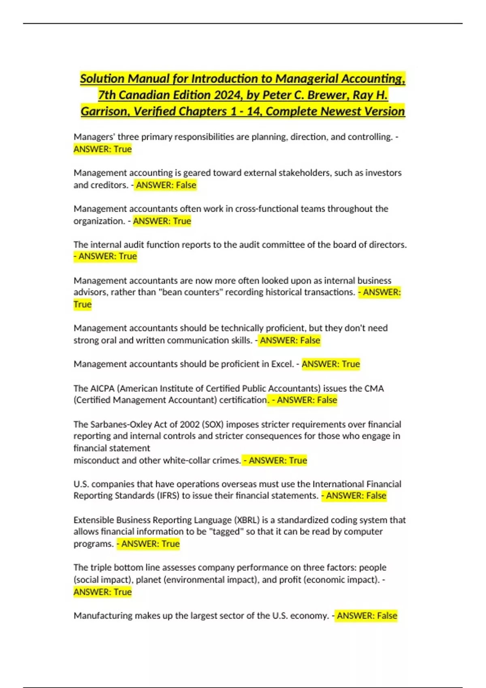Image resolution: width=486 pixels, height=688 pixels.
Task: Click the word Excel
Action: pos(282,364)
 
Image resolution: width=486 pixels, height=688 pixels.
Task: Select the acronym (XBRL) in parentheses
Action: pos(246,520)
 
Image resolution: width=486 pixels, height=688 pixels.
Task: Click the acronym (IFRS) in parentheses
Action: pos(167,496)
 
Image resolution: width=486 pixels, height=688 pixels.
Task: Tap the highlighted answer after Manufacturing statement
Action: pos(367,616)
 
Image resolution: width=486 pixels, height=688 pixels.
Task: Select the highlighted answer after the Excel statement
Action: pos(330,364)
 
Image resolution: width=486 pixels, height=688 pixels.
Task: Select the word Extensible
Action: pos(94,520)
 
